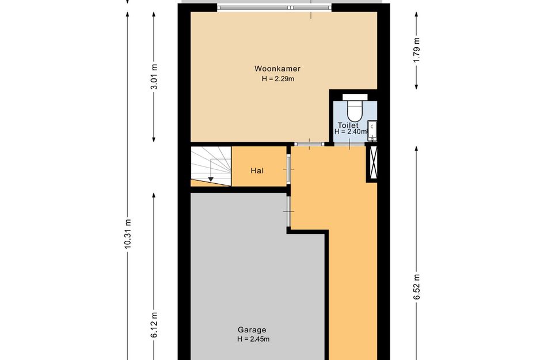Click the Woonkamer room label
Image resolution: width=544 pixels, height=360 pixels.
point(277,69)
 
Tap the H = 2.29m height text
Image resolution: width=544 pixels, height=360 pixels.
point(278,79)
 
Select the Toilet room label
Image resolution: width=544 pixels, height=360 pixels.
point(348,125)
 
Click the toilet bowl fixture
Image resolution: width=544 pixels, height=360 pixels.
point(355,108)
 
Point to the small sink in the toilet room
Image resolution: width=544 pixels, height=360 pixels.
point(372,130)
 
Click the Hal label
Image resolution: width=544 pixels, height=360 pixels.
point(257,171)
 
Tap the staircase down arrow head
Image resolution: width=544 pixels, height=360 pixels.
point(211,179)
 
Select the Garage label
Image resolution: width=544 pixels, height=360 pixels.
point(252,330)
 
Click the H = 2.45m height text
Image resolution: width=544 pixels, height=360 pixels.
point(253,339)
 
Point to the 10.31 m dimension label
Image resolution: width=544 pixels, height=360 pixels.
point(127,233)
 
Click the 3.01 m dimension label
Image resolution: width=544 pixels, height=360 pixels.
point(154,77)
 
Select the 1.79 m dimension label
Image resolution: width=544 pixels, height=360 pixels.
point(416,50)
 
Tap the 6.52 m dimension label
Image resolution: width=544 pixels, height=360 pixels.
point(416,287)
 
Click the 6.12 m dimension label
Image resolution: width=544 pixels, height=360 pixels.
point(154,325)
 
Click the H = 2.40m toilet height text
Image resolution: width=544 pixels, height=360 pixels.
point(351,132)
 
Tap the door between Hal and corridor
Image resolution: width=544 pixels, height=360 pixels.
point(288,169)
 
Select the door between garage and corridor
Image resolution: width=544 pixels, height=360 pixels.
point(288,211)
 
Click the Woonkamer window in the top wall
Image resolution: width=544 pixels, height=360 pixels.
point(274,7)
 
